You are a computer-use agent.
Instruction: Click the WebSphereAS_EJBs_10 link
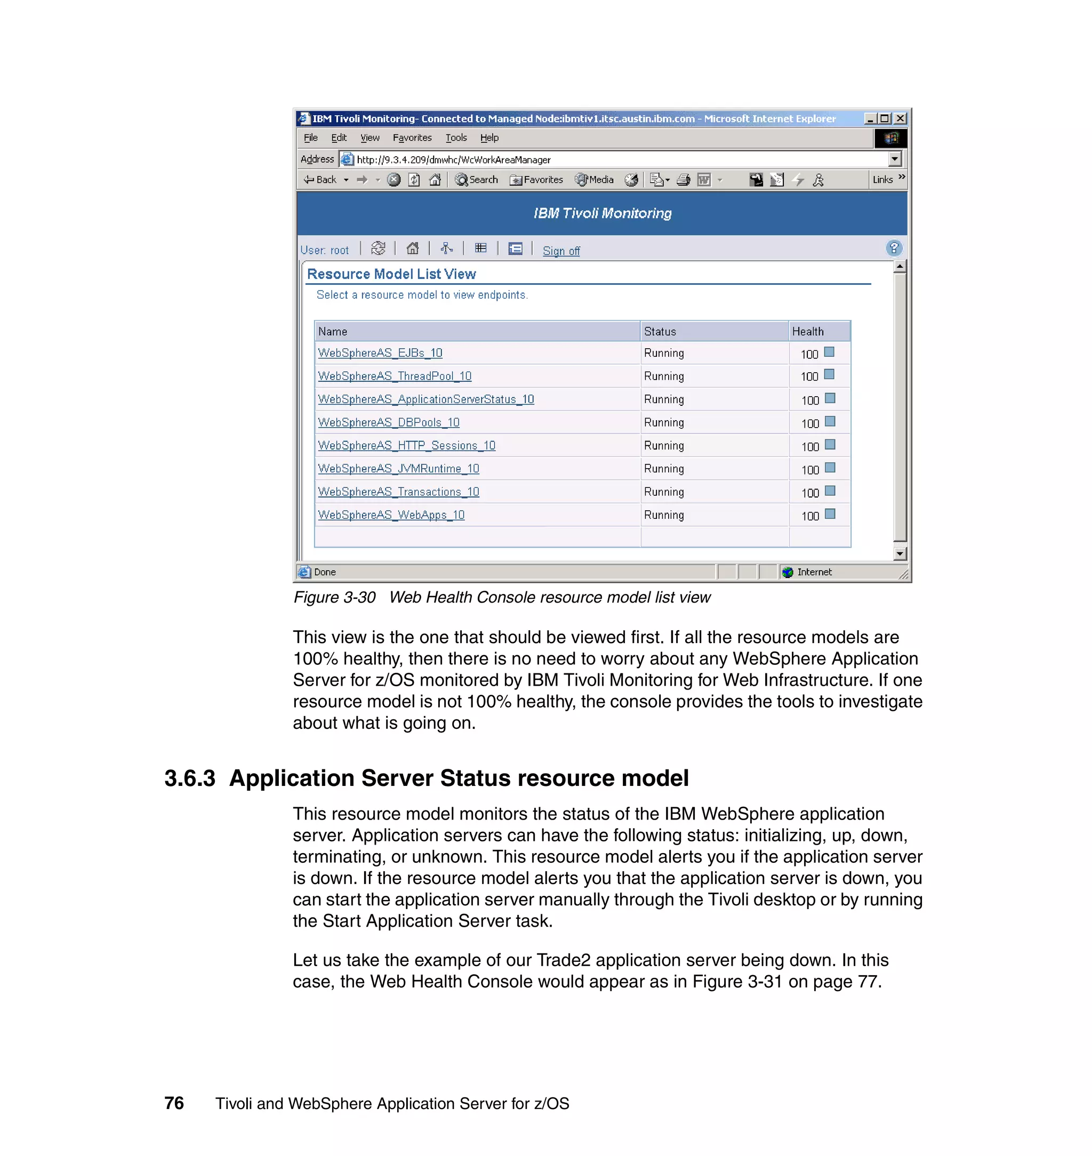pos(380,353)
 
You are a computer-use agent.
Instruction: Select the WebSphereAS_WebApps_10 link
pos(391,515)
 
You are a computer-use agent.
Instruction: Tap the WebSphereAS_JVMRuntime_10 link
pos(398,469)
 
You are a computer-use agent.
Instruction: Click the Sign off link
pos(560,251)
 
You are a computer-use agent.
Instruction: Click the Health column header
pos(807,331)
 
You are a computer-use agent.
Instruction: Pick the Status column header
pos(660,331)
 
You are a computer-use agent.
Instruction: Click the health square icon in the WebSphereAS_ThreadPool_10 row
pos(830,374)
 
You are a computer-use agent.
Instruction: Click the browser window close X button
pos(900,119)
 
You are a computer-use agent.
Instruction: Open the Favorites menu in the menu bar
pos(412,138)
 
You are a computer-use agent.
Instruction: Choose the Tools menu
pos(456,138)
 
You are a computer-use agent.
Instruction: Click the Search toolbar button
pos(477,180)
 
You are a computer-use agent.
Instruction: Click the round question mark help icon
pos(894,248)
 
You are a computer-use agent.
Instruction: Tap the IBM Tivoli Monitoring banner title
pos(602,214)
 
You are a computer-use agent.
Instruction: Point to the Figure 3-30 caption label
pos(334,597)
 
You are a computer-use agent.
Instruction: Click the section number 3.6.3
pos(190,778)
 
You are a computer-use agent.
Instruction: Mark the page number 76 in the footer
pos(174,1103)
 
